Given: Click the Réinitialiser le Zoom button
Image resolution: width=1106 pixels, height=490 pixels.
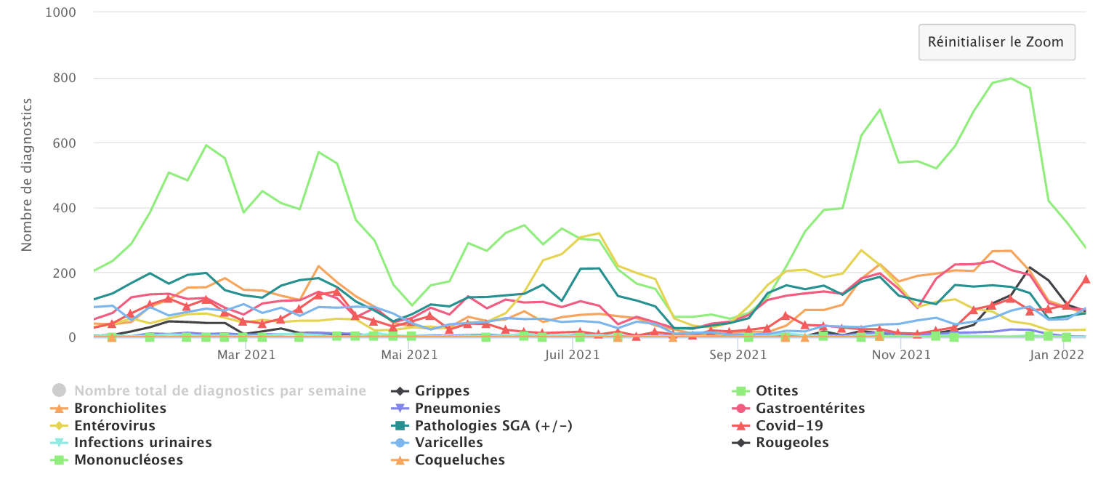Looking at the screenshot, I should point(996,42).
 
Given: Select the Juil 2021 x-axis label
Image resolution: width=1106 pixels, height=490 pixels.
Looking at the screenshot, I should point(572,355).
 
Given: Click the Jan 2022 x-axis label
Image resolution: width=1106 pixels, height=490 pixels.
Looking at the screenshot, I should point(1059,355).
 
